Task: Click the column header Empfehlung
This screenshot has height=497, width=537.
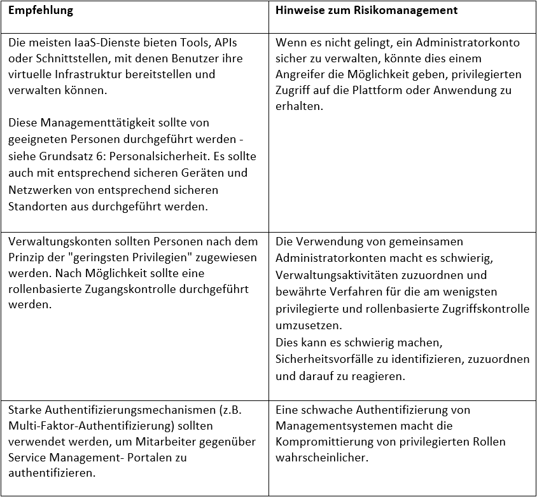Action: (41, 11)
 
